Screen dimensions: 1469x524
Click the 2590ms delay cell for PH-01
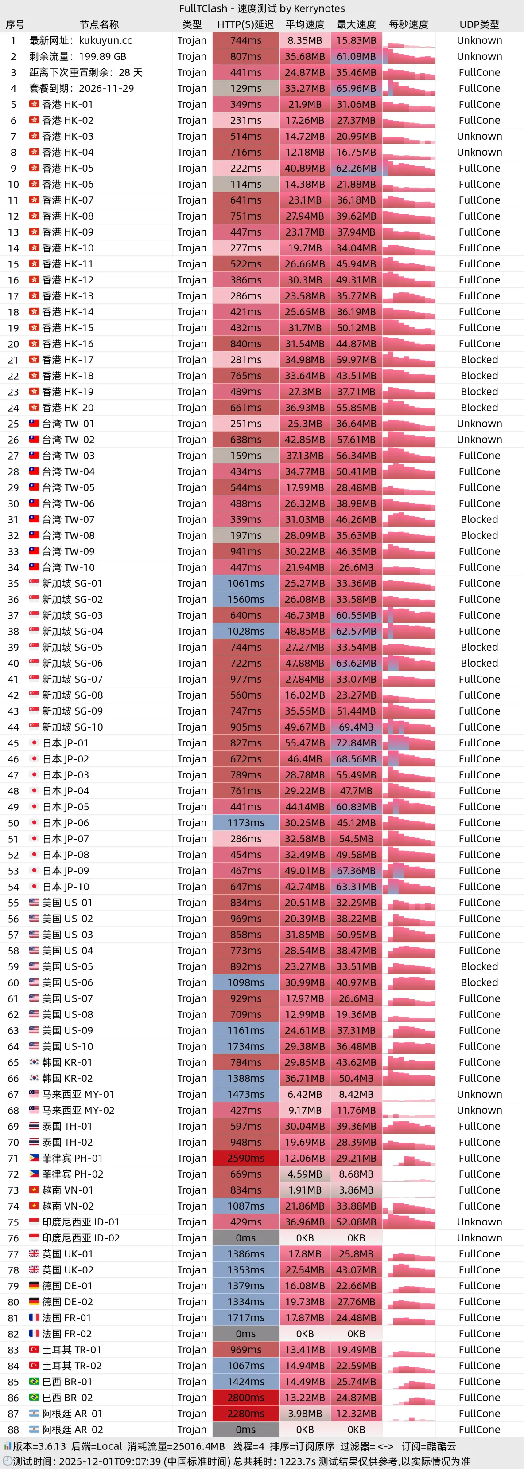tap(245, 1158)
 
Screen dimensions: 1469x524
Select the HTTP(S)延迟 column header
tap(245, 24)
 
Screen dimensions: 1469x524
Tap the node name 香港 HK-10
tap(68, 248)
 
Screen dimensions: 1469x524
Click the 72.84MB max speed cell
tap(356, 743)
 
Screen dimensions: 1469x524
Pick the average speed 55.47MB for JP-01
tap(305, 743)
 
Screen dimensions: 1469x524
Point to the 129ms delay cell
tap(245, 88)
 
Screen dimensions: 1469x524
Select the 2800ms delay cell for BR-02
tap(245, 1398)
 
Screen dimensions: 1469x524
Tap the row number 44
tap(13, 727)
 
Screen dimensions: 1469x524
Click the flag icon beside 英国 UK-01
tap(34, 1254)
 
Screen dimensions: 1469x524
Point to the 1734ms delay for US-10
tap(245, 1046)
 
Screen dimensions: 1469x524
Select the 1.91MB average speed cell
tap(305, 1190)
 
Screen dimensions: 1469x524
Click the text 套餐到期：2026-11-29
tap(82, 88)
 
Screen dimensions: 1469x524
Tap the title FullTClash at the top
tap(203, 8)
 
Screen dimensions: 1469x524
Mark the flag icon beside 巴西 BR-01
tap(34, 1382)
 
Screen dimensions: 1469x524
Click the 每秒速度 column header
tap(408, 24)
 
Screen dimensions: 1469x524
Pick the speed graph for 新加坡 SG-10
tap(408, 727)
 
